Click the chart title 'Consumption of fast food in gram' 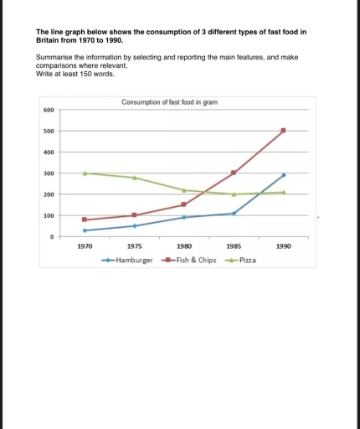coord(170,101)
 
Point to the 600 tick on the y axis coord(49,111)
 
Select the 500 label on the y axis coord(49,132)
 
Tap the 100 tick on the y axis coord(49,216)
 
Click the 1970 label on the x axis coord(85,247)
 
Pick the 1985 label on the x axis coord(234,247)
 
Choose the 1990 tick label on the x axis coord(284,247)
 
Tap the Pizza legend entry coord(243,261)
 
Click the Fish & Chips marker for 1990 coord(284,130)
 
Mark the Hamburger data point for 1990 coord(284,175)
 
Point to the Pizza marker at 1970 coord(85,173)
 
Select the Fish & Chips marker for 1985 coord(234,173)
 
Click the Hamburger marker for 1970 coord(85,230)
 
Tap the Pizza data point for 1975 coord(134,178)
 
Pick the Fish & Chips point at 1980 coord(184,204)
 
